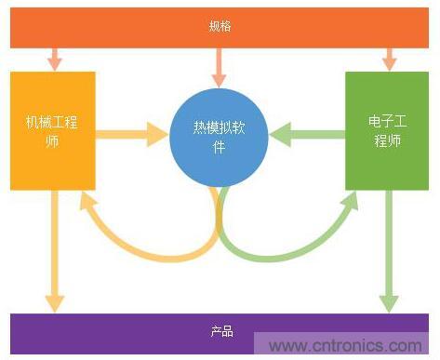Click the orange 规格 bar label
pos(220,26)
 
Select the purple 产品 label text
pos(221,331)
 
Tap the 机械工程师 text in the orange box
pos(52,131)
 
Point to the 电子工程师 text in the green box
pos(388,131)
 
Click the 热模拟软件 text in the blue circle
pos(220,137)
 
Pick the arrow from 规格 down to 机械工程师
pos(55,60)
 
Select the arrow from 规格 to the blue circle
pos(220,68)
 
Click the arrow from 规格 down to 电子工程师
pos(390,60)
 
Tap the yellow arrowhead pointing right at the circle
pos(157,134)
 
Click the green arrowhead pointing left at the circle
pos(280,134)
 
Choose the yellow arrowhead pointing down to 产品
pos(55,304)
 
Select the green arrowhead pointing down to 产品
pos(389,304)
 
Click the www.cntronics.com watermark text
pos(345,345)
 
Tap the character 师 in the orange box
pos(52,141)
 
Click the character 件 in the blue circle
pos(219,147)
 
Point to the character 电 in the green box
pos(375,121)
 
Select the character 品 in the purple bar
pos(228,331)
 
